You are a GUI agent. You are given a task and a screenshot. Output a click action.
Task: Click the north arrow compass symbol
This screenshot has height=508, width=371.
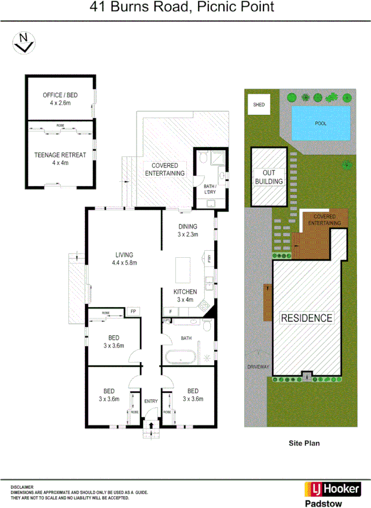pos(24,43)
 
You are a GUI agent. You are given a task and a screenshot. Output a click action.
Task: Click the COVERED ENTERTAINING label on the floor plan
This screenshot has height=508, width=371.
pos(164,170)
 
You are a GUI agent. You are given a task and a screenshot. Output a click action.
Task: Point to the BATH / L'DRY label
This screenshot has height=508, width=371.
pos(210,189)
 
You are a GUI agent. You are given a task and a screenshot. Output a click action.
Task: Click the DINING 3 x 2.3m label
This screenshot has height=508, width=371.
pos(188,231)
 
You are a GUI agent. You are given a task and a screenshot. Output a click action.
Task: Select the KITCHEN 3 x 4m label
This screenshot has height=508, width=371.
pos(186,295)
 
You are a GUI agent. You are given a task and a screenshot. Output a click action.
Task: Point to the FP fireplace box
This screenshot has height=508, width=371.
pos(133,312)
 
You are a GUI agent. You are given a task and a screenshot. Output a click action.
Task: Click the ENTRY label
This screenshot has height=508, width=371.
pos(151,401)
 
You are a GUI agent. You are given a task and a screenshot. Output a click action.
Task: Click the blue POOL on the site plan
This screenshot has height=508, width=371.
pos(321,123)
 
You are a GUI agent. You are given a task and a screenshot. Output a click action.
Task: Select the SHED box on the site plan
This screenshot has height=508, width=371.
pos(259,105)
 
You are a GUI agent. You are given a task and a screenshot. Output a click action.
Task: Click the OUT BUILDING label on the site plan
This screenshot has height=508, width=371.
pos(269,177)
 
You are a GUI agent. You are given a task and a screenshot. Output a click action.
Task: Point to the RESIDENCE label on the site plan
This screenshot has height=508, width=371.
pos(307,318)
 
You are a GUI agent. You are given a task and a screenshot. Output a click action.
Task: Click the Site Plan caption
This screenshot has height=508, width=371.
pos(304,443)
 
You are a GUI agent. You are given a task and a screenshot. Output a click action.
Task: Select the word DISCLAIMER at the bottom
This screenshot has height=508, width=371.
pos(22,487)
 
